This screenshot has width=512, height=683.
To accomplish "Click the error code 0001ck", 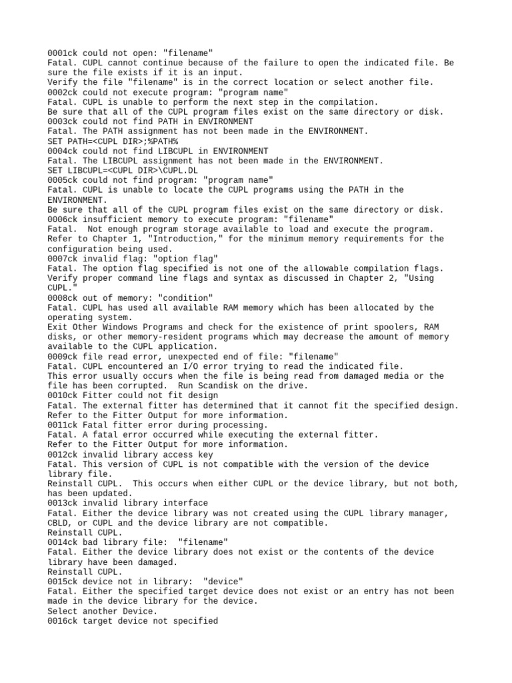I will click(x=63, y=53).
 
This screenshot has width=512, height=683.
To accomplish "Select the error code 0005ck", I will click(x=63, y=180).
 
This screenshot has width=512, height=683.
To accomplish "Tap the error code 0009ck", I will click(x=63, y=357).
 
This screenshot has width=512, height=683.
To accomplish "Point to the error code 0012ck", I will click(x=63, y=454).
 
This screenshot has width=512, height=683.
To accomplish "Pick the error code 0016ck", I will click(x=63, y=621).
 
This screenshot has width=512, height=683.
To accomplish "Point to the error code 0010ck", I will click(x=63, y=396).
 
